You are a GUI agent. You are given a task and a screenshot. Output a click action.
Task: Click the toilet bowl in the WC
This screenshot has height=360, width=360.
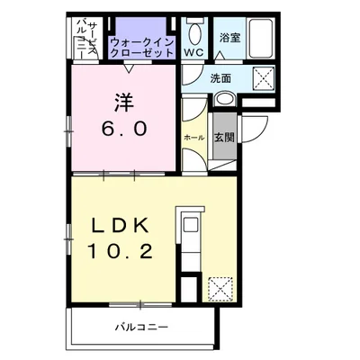pyautogui.click(x=195, y=34)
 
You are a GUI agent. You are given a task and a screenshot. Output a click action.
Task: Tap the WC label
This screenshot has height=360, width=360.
pyautogui.click(x=193, y=52)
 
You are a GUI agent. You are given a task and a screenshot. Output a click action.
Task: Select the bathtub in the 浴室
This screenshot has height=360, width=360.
pyautogui.click(x=261, y=39)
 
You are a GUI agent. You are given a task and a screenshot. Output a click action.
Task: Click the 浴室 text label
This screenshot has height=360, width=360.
pyautogui.click(x=229, y=38)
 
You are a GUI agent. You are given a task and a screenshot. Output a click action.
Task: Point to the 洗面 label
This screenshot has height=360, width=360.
pyautogui.click(x=220, y=78)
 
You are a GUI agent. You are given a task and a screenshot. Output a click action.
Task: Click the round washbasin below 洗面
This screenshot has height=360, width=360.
pyautogui.click(x=225, y=99)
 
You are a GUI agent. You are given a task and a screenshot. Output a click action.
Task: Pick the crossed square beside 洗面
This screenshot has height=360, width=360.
pyautogui.click(x=264, y=78)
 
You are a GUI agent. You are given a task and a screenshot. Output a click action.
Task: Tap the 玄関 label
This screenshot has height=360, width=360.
pyautogui.click(x=224, y=138)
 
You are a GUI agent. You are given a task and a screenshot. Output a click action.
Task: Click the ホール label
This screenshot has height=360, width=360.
pyautogui.click(x=193, y=138)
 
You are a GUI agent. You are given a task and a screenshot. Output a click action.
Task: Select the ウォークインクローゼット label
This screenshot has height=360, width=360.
pyautogui.click(x=142, y=48)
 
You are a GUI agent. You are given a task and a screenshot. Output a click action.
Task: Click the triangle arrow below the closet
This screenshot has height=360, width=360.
pyautogui.click(x=129, y=68)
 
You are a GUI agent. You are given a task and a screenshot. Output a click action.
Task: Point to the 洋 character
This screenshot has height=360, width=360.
pyautogui.click(x=124, y=102)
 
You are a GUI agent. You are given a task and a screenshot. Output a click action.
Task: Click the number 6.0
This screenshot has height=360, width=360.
pyautogui.click(x=124, y=129)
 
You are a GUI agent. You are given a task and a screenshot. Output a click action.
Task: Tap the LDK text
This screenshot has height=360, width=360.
pyautogui.click(x=120, y=225)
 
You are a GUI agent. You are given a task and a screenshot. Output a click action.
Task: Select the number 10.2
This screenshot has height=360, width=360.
pyautogui.click(x=120, y=251)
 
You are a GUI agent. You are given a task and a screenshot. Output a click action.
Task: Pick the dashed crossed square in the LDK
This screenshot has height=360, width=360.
pyautogui.click(x=221, y=288)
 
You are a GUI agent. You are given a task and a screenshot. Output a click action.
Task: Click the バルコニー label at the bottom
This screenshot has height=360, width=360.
pyautogui.click(x=142, y=327)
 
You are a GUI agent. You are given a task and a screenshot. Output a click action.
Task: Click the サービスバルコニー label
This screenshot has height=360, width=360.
pyautogui.click(x=87, y=39)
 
